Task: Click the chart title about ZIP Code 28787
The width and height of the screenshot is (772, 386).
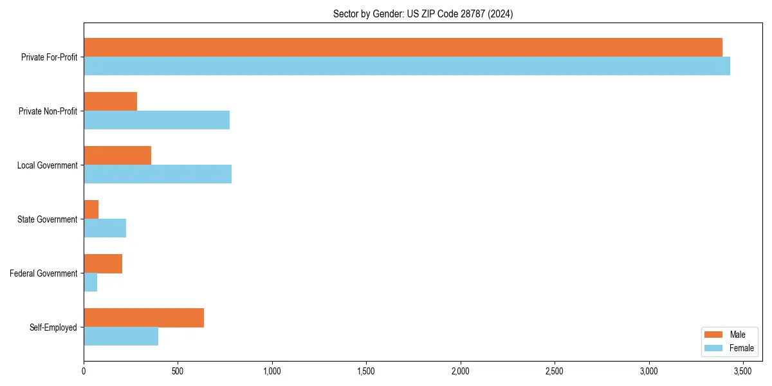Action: [423, 14]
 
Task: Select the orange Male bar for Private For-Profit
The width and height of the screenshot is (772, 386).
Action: [403, 48]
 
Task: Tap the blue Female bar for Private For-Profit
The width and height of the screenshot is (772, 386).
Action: [407, 66]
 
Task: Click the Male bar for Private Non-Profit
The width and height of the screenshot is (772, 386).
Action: [110, 102]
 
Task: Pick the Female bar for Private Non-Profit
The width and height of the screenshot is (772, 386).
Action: [156, 120]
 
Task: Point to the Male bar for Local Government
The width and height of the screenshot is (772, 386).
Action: [117, 156]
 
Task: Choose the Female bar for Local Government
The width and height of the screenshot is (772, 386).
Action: [158, 174]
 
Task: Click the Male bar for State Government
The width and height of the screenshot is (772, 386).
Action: [91, 210]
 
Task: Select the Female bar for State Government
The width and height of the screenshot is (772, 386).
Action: [105, 228]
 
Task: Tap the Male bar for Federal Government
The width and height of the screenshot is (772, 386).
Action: [103, 264]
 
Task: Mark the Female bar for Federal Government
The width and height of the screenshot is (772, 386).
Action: [90, 282]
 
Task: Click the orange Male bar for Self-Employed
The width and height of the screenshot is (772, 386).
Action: [143, 318]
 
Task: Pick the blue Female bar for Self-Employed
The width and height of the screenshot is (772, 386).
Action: [121, 336]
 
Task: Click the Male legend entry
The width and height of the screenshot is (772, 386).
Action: [729, 335]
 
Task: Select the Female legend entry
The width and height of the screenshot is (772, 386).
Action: [729, 348]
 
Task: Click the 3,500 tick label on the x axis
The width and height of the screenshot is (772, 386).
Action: [743, 371]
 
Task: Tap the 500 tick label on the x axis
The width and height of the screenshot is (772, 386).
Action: [178, 371]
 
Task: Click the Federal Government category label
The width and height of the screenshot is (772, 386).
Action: [44, 273]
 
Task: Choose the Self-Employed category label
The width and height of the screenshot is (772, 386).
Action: [53, 327]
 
